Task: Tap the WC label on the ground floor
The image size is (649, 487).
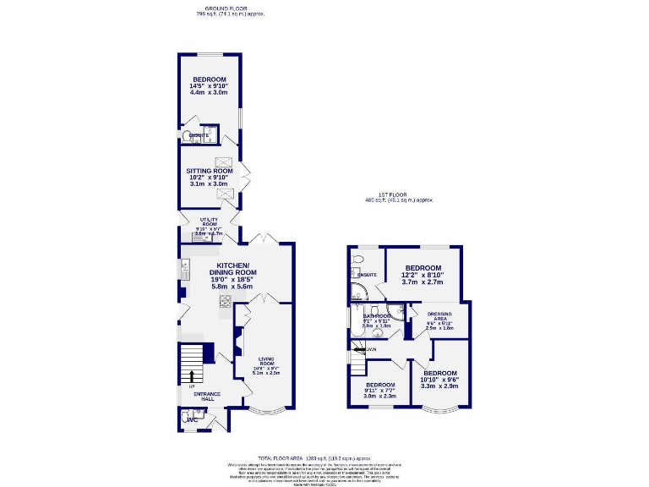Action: [192, 418]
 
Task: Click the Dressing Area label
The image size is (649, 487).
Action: [439, 316]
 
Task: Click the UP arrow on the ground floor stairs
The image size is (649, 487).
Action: [192, 375]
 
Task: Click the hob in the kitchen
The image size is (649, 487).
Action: [226, 299]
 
